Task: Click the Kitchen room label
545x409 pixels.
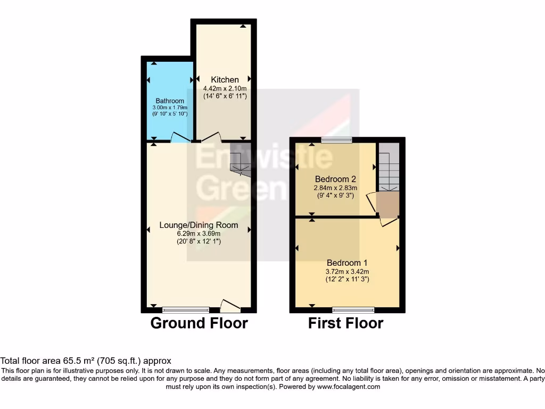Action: click(x=225, y=80)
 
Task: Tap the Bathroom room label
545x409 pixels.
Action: click(x=170, y=101)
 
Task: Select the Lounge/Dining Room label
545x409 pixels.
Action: click(x=199, y=225)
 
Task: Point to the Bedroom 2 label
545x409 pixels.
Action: click(x=335, y=179)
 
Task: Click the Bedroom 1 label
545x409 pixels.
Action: click(x=346, y=263)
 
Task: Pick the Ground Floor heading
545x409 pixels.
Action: click(x=199, y=323)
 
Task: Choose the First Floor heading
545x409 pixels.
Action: click(x=345, y=323)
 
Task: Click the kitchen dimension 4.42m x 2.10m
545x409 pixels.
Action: click(x=225, y=88)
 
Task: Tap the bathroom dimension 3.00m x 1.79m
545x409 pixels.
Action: click(x=170, y=108)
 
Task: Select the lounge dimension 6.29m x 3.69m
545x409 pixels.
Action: click(x=199, y=233)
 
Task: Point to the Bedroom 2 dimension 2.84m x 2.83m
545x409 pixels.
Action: click(x=335, y=187)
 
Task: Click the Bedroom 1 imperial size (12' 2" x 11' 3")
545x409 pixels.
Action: click(x=347, y=279)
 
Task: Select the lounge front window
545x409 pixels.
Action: click(x=186, y=309)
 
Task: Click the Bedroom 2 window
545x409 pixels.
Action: click(x=336, y=140)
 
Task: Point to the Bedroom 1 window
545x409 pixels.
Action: click(x=353, y=309)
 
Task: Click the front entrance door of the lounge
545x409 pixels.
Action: click(x=230, y=306)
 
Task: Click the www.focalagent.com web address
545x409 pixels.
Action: click(x=350, y=387)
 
